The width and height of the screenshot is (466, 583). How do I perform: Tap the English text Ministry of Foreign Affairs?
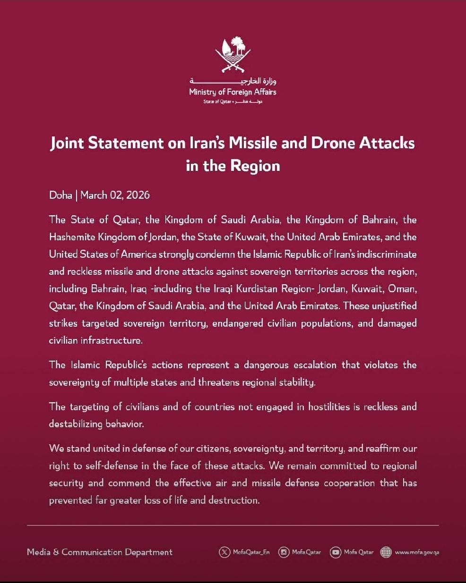pyautogui.click(x=233, y=92)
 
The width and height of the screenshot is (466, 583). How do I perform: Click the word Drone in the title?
pyautogui.click(x=333, y=143)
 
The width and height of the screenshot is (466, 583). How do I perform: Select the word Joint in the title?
pyautogui.click(x=67, y=143)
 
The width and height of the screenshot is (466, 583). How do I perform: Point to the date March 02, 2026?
pyautogui.click(x=115, y=195)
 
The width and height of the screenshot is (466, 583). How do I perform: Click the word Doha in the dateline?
pyautogui.click(x=60, y=195)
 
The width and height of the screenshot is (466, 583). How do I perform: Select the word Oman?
pyautogui.click(x=402, y=288)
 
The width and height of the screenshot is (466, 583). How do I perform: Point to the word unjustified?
pyautogui.click(x=394, y=306)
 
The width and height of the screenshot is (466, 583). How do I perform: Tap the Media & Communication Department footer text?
pyautogui.click(x=100, y=552)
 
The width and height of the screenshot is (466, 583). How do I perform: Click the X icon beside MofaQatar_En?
pyautogui.click(x=224, y=552)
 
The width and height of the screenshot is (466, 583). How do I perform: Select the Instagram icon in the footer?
pyautogui.click(x=284, y=552)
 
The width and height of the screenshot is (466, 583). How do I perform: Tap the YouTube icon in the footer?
pyautogui.click(x=336, y=552)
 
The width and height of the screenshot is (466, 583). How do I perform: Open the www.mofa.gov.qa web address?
pyautogui.click(x=417, y=552)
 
